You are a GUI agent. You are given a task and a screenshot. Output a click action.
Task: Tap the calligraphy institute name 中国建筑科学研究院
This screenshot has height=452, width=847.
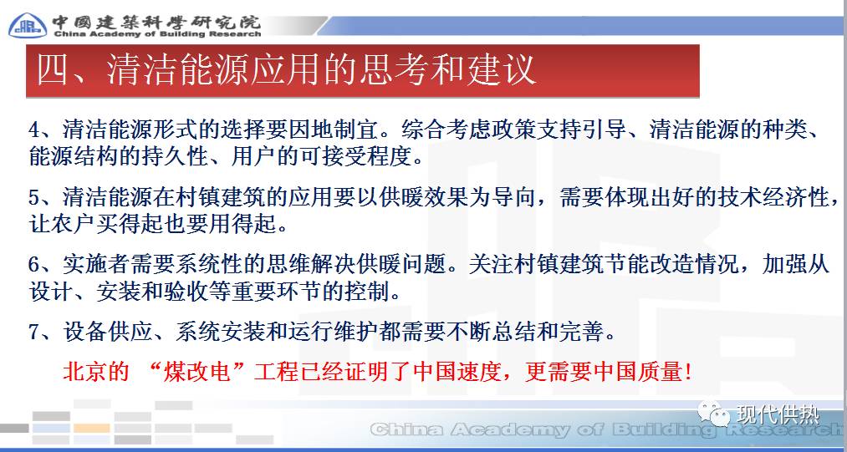[156, 20]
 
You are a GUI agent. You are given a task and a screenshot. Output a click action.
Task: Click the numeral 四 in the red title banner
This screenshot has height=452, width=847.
[51, 70]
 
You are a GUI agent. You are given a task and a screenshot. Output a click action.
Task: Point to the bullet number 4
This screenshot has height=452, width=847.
[34, 130]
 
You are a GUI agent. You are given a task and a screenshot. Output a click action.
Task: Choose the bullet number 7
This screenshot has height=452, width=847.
[34, 332]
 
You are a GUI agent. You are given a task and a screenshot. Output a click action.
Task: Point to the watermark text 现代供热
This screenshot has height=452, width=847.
[778, 414]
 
